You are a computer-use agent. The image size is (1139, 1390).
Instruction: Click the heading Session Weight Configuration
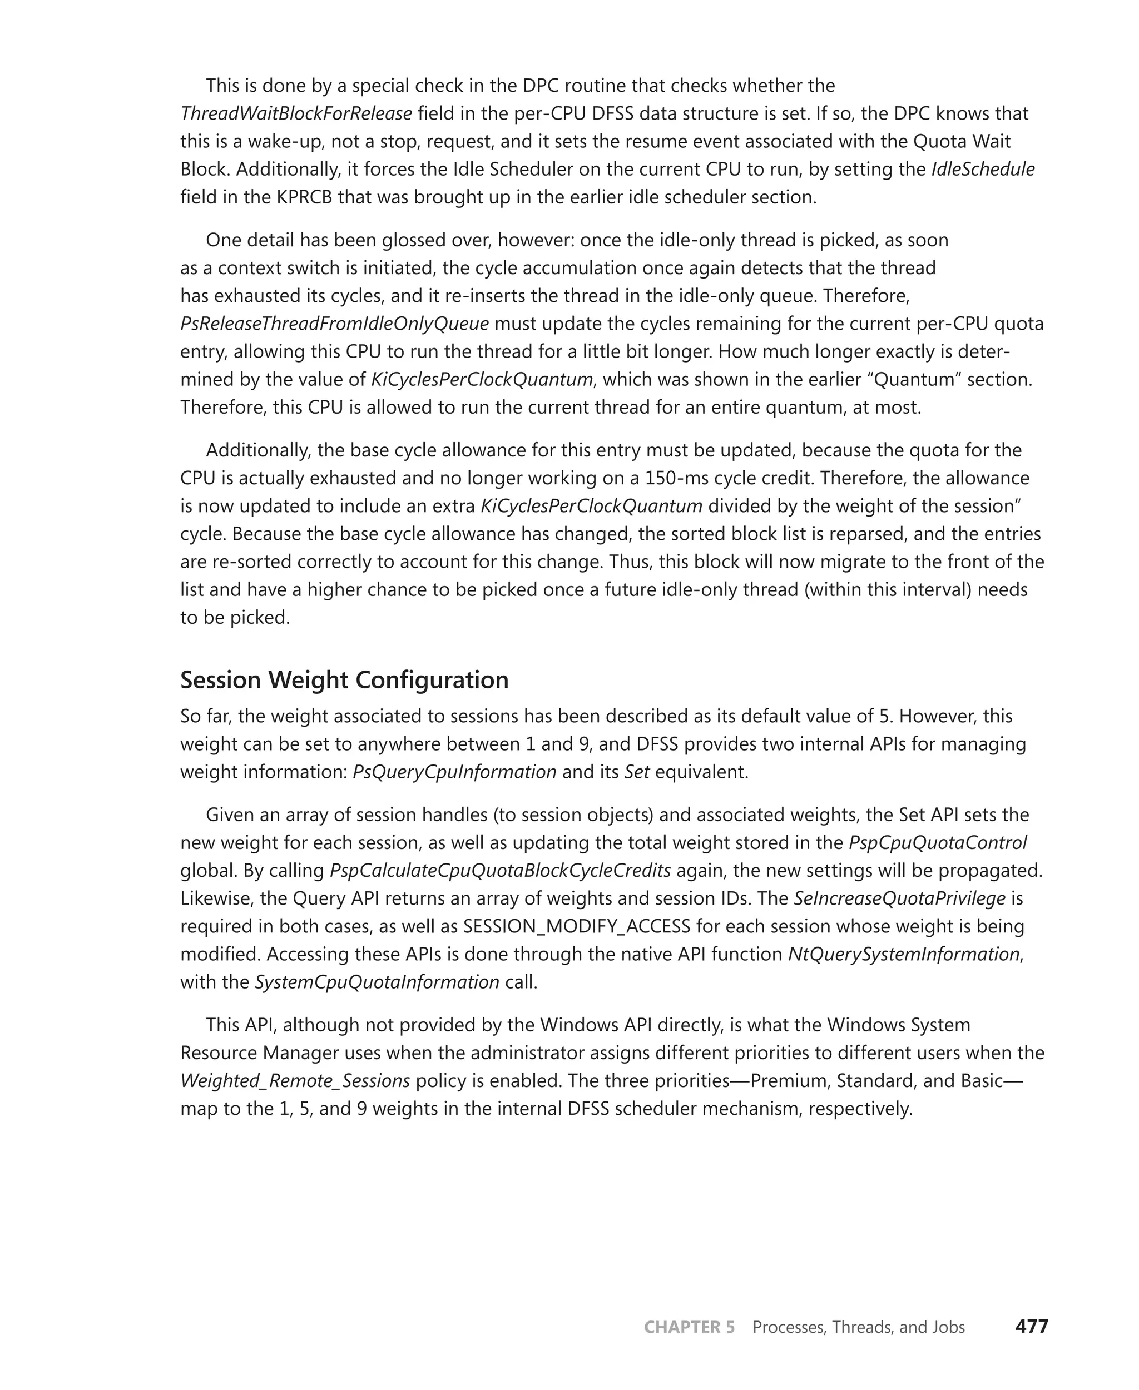click(344, 679)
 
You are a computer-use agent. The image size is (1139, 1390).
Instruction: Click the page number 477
click(1032, 1327)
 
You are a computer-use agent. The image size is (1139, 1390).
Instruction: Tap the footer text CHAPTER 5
click(689, 1327)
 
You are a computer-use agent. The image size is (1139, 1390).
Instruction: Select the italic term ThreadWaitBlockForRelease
click(296, 113)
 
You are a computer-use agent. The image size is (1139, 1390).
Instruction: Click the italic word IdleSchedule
click(982, 169)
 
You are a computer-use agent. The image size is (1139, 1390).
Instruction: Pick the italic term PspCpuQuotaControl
click(938, 842)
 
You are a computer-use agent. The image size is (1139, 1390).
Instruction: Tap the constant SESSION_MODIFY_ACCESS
click(577, 926)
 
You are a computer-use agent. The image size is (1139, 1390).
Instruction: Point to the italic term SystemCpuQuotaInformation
click(377, 982)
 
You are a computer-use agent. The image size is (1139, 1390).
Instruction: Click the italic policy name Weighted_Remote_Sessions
click(295, 1080)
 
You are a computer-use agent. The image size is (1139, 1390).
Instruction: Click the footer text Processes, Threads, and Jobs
click(858, 1327)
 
